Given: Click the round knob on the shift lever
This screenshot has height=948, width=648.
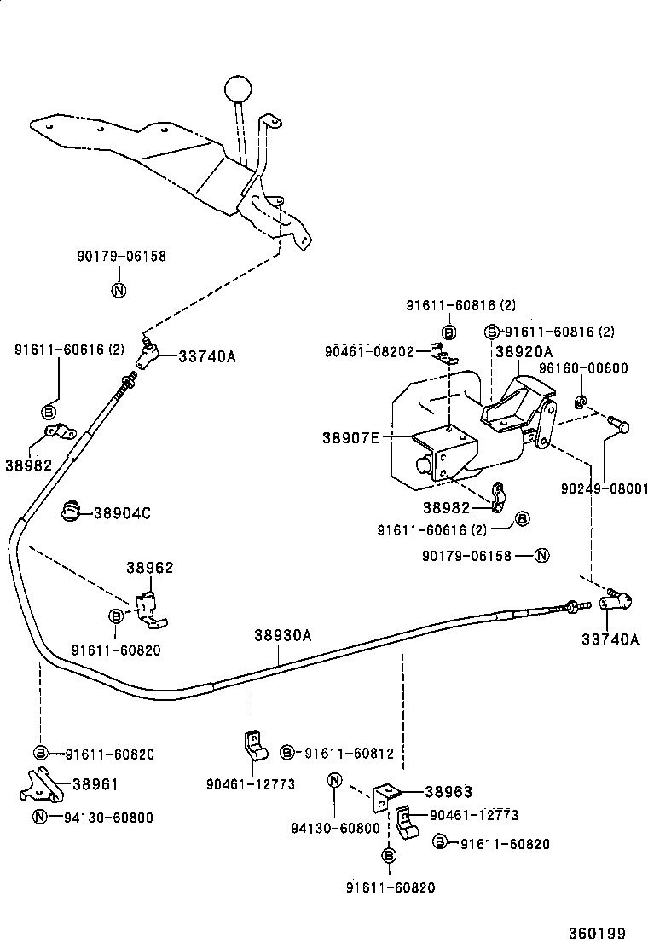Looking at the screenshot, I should (x=239, y=88).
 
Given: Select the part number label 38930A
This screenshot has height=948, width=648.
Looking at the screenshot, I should (x=282, y=635).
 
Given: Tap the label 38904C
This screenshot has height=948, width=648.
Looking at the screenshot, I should (x=122, y=513).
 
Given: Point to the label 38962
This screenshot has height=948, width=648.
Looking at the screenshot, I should (x=150, y=567).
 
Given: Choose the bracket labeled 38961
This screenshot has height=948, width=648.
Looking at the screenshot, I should (x=40, y=785).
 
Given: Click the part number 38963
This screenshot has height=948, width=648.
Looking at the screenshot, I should (x=448, y=791).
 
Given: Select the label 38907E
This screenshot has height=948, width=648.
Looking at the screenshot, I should (x=350, y=437).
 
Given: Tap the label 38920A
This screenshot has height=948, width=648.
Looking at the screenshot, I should (x=524, y=351).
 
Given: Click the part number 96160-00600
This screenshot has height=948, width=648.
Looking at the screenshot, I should (x=583, y=368).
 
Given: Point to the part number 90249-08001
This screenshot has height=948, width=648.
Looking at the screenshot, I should (x=605, y=489).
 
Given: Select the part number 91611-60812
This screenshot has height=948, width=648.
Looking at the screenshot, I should (x=350, y=753).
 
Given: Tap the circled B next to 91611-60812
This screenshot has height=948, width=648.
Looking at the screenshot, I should (x=287, y=753).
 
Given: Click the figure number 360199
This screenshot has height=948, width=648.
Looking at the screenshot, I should (x=610, y=932).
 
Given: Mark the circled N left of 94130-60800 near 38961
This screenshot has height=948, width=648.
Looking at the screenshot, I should (x=40, y=818).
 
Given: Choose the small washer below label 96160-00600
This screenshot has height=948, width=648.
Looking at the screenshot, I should (x=580, y=402).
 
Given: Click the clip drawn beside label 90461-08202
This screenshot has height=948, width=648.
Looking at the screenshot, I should (x=441, y=352).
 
